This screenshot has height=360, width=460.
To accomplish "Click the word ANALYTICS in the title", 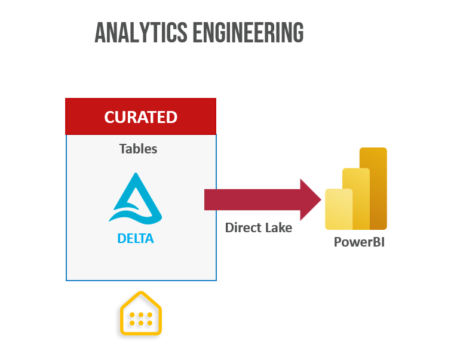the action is click(x=141, y=33).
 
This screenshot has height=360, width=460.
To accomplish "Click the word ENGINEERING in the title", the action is click(x=248, y=33).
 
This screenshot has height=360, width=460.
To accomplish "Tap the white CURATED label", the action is click(x=141, y=117).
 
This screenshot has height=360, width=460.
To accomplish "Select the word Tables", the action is click(x=138, y=149).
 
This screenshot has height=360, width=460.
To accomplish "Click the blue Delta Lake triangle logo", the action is click(x=136, y=198).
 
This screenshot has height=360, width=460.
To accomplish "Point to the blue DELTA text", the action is click(x=136, y=239).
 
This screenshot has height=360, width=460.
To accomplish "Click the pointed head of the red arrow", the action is click(x=311, y=199).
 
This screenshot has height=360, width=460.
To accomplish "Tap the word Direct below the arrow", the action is click(x=242, y=228).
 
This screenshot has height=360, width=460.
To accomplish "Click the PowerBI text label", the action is click(x=359, y=242).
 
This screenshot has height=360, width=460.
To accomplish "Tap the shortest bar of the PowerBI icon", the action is click(x=339, y=210).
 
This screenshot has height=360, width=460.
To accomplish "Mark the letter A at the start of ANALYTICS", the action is click(x=100, y=33).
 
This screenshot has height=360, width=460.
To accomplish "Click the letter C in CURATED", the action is click(x=109, y=117).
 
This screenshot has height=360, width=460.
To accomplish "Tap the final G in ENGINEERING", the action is click(x=298, y=33).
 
